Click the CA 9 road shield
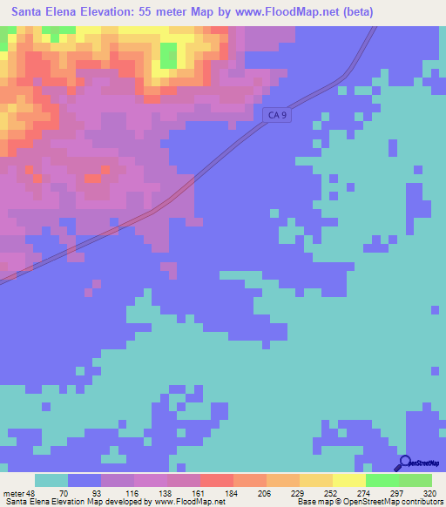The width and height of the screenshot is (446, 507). coord(275,114)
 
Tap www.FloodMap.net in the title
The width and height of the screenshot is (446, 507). coord(285,12)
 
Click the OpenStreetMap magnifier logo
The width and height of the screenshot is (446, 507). coord(406,463)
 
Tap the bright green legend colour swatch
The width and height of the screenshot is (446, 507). coord(382,480)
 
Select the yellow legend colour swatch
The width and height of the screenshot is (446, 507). coord(348,480)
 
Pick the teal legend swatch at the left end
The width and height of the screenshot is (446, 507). coord(51,480)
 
